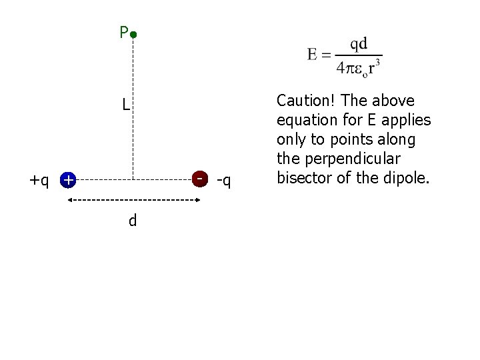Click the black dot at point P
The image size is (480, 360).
coord(133,33)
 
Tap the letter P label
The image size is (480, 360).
coord(123,32)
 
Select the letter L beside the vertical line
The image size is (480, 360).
coord(125,105)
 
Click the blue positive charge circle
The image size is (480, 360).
coord(67,180)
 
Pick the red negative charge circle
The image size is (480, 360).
coord(199,179)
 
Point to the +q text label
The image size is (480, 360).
coord(39,180)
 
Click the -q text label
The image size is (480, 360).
coord(224,180)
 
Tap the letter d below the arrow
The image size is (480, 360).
coord(133,220)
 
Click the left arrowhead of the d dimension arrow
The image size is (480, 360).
coord(67,201)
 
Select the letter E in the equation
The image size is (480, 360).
coord(313,55)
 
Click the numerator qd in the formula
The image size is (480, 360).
coord(358,43)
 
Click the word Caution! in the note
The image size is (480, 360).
coord(307,101)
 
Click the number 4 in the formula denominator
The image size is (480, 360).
coord(341,67)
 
